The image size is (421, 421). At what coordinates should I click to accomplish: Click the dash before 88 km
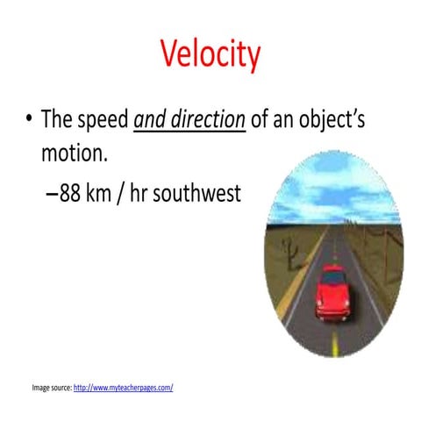click(x=51, y=194)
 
